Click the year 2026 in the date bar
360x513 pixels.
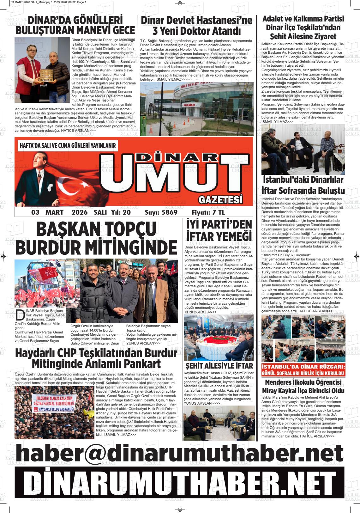click(80, 212)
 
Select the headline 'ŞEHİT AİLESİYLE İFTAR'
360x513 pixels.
click(219, 366)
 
